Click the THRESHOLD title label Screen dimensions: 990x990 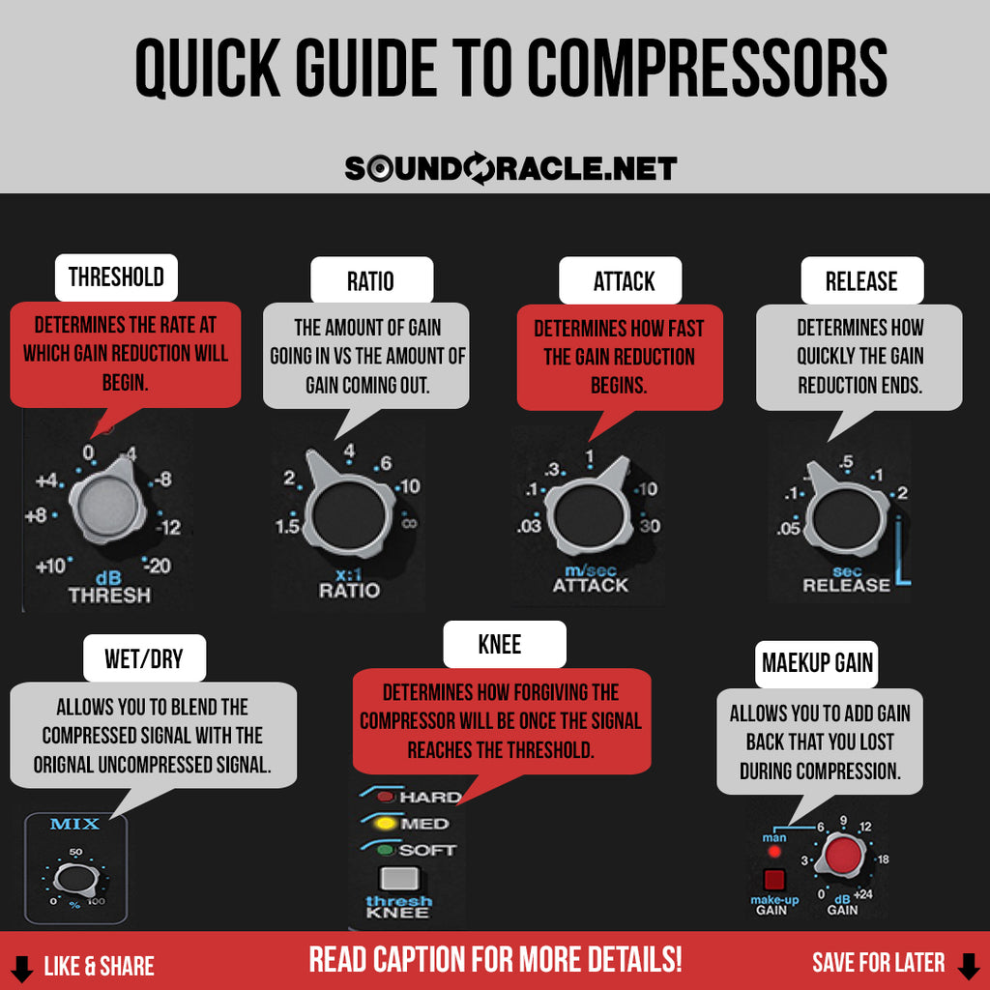[x=116, y=277]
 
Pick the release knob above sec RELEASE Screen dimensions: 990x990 [x=847, y=517]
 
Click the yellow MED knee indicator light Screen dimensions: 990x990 [x=387, y=824]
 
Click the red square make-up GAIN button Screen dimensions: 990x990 [x=773, y=880]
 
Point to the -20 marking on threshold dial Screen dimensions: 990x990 [x=158, y=567]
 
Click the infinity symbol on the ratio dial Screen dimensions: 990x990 [x=408, y=523]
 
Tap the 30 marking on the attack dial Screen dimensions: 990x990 [x=650, y=526]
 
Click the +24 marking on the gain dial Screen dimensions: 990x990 [x=862, y=894]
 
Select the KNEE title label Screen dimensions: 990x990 [x=499, y=645]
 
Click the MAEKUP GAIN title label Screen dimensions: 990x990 [x=817, y=663]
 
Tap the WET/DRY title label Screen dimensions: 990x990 [x=143, y=660]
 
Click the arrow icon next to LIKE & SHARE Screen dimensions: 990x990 [x=21, y=966]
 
